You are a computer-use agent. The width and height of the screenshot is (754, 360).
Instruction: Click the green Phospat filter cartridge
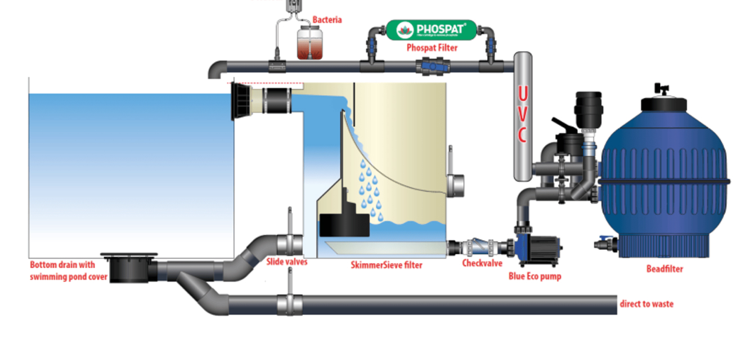[x=431, y=30]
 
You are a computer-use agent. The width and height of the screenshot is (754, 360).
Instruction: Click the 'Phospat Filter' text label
[x=432, y=48]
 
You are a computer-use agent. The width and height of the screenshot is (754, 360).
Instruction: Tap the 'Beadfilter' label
[x=664, y=269]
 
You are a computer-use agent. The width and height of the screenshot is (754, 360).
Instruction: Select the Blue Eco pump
[x=535, y=246]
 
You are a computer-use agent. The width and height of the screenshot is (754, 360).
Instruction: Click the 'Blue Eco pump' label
[x=535, y=276]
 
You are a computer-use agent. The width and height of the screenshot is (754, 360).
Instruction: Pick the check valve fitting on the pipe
[x=478, y=247]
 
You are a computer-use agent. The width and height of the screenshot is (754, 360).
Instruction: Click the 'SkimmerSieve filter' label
[x=386, y=265]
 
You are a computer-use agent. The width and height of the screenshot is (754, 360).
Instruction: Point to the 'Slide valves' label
[x=286, y=262]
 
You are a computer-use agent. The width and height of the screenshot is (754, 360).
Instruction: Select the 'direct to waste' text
[x=647, y=304]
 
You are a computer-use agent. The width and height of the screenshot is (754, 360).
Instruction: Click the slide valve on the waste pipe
[x=290, y=304]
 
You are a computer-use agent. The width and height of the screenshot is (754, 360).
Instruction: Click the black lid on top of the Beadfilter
[x=664, y=103]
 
